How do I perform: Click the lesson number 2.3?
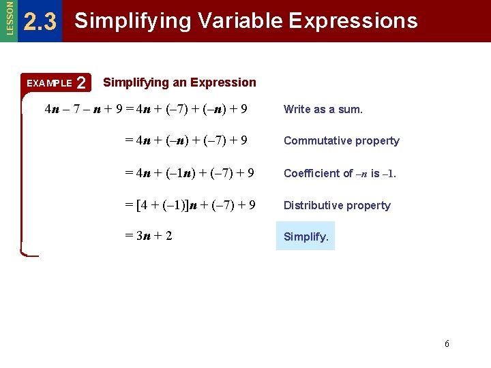click(x=40, y=22)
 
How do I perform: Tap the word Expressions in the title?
click(x=353, y=21)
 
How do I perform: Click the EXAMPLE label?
click(x=48, y=84)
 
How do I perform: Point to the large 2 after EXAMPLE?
click(x=82, y=84)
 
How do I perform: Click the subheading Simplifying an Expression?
click(x=179, y=82)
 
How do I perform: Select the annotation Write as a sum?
click(x=323, y=109)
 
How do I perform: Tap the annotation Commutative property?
click(x=342, y=141)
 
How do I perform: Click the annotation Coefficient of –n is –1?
click(x=340, y=173)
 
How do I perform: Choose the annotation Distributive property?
click(x=337, y=205)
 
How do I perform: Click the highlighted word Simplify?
click(x=306, y=237)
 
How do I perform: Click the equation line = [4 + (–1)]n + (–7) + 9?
click(x=190, y=204)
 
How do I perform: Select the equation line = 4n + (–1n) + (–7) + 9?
click(x=190, y=172)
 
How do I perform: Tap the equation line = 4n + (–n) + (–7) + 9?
click(x=185, y=140)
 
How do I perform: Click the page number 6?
click(x=447, y=343)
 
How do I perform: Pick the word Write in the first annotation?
click(x=296, y=109)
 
